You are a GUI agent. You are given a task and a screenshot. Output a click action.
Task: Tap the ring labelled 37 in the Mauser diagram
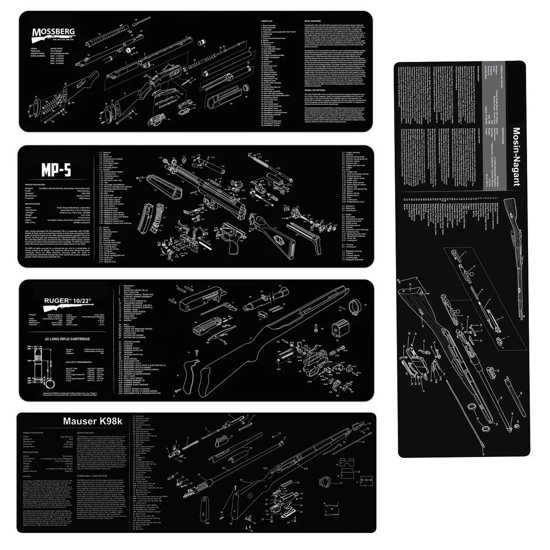pos(326,483)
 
